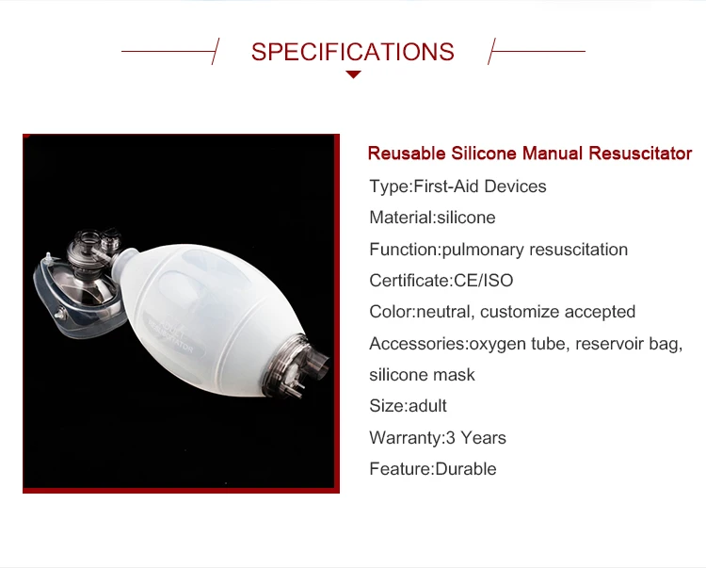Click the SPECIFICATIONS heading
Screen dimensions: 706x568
point(353,52)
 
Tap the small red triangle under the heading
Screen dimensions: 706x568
point(353,74)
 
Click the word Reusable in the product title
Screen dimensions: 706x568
point(407,154)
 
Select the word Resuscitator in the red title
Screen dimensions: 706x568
point(640,154)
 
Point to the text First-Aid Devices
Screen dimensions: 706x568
point(480,186)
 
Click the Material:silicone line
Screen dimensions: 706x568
point(432,218)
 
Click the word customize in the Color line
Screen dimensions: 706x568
point(520,312)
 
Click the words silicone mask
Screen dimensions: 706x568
point(422,375)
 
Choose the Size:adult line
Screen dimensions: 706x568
point(408,406)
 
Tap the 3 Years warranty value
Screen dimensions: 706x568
point(476,437)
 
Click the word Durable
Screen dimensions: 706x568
point(466,469)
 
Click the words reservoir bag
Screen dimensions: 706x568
point(629,344)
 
